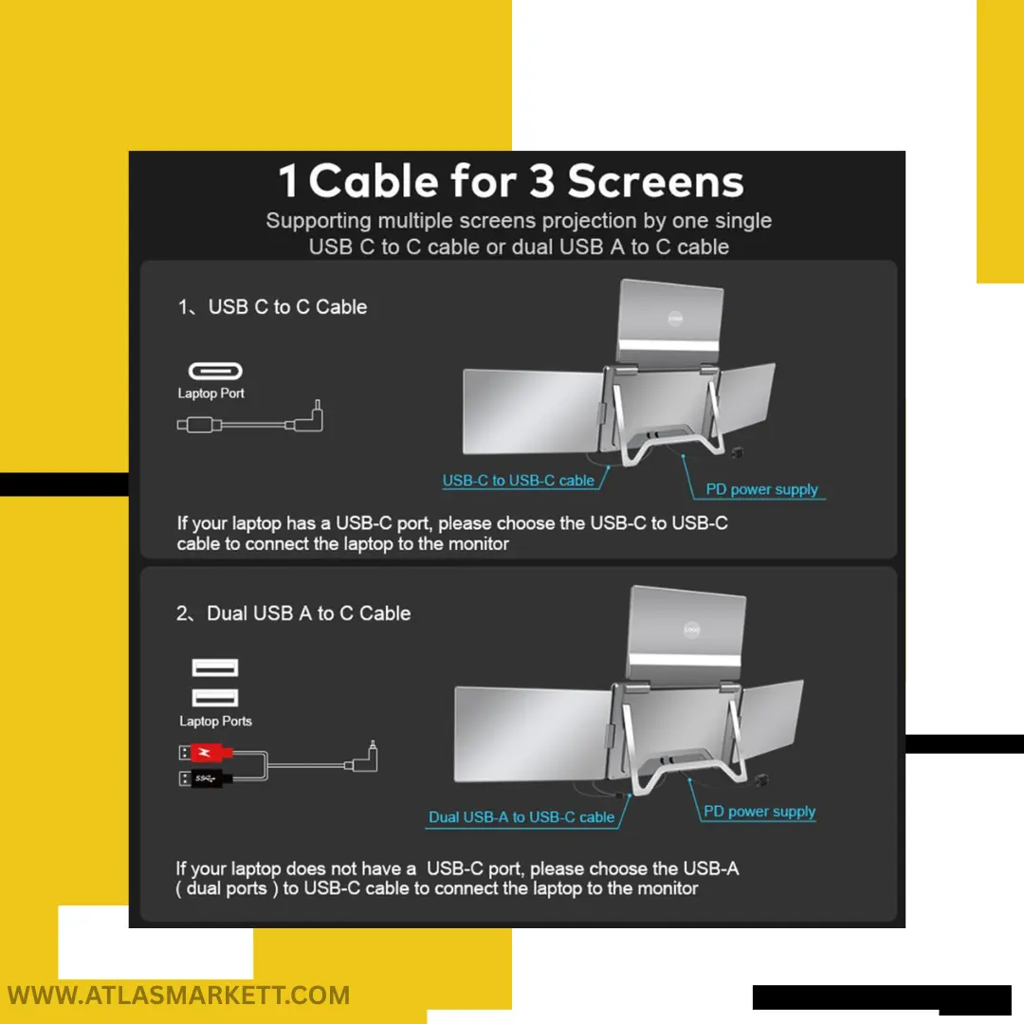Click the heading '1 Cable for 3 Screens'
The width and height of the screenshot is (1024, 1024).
(511, 181)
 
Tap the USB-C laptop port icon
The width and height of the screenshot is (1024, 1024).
(215, 371)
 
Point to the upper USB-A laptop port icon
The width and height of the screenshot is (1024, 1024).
(215, 667)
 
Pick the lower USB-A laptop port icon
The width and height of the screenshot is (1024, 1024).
(215, 698)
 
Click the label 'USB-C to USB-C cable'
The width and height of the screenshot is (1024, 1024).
(519, 480)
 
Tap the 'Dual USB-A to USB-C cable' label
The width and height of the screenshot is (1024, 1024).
(521, 817)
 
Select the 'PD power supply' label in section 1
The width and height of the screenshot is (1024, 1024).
(761, 489)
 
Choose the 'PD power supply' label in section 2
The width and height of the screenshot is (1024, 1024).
(759, 811)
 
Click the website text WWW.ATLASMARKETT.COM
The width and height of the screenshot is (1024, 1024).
(178, 996)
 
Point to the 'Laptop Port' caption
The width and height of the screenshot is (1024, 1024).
(210, 393)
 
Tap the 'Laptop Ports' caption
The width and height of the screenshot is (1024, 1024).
(215, 721)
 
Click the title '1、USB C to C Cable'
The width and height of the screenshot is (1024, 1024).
(272, 307)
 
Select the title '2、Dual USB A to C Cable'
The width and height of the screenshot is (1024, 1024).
(293, 613)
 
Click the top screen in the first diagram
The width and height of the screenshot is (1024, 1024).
(670, 321)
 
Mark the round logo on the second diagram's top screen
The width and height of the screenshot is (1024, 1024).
(691, 630)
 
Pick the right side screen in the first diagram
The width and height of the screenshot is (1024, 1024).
(747, 399)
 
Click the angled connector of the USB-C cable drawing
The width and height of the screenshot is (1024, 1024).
(310, 419)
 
